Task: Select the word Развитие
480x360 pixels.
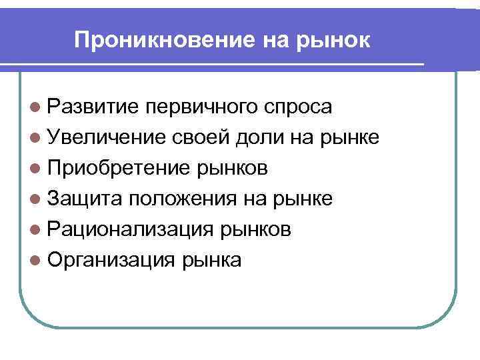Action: point(93,107)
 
